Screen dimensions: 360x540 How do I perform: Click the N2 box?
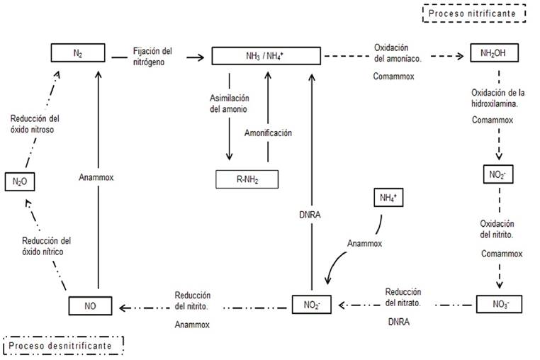pyautogui.click(x=78, y=52)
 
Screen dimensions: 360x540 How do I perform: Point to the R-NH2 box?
pyautogui.click(x=247, y=179)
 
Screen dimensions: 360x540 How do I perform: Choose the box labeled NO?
pyautogui.click(x=91, y=306)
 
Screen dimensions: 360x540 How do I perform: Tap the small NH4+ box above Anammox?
pyautogui.click(x=388, y=198)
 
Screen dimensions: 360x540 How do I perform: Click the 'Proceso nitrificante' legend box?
pyautogui.click(x=474, y=13)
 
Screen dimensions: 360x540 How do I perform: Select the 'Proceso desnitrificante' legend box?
pyautogui.click(x=62, y=344)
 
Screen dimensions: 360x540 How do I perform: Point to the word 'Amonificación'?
pyautogui.click(x=268, y=133)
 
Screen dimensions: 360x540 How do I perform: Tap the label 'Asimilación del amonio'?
pyautogui.click(x=227, y=104)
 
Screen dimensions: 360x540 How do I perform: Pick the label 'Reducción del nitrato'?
pyautogui.click(x=404, y=296)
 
